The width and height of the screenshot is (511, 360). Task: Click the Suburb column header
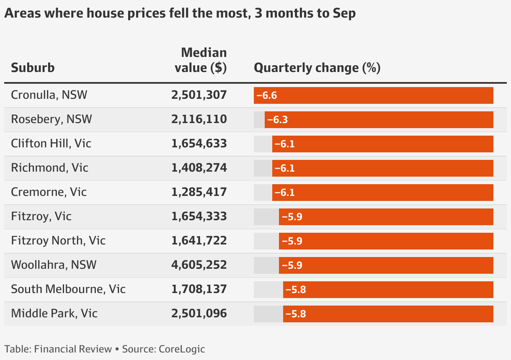point(33,68)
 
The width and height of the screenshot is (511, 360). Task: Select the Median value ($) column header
point(201,60)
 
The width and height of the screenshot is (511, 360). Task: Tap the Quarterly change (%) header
point(317,68)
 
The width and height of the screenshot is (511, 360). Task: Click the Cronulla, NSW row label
point(49,95)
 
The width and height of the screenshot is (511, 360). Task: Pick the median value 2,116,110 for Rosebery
point(199,119)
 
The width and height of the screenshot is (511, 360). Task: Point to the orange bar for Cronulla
point(373,95)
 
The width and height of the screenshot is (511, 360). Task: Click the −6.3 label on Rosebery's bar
point(277,120)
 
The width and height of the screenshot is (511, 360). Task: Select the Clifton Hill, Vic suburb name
point(51,144)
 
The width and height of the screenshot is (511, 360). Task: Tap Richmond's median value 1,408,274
point(199,168)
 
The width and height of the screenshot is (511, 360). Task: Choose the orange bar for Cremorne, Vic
point(382,193)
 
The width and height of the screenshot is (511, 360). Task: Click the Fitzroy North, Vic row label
point(58,241)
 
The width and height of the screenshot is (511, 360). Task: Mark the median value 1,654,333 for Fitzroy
point(199,216)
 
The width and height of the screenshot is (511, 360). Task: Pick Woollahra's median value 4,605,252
point(199,265)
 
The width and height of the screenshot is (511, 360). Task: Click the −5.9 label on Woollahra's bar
point(292,265)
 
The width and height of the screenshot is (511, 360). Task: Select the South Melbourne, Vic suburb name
point(68,289)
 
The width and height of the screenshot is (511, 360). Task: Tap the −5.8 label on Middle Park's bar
point(296,314)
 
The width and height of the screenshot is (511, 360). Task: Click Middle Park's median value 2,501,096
point(199,314)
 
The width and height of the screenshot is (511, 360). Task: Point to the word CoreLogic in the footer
point(182,349)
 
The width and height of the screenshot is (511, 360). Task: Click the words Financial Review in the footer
point(73,349)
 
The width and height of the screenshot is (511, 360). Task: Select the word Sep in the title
point(344,13)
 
